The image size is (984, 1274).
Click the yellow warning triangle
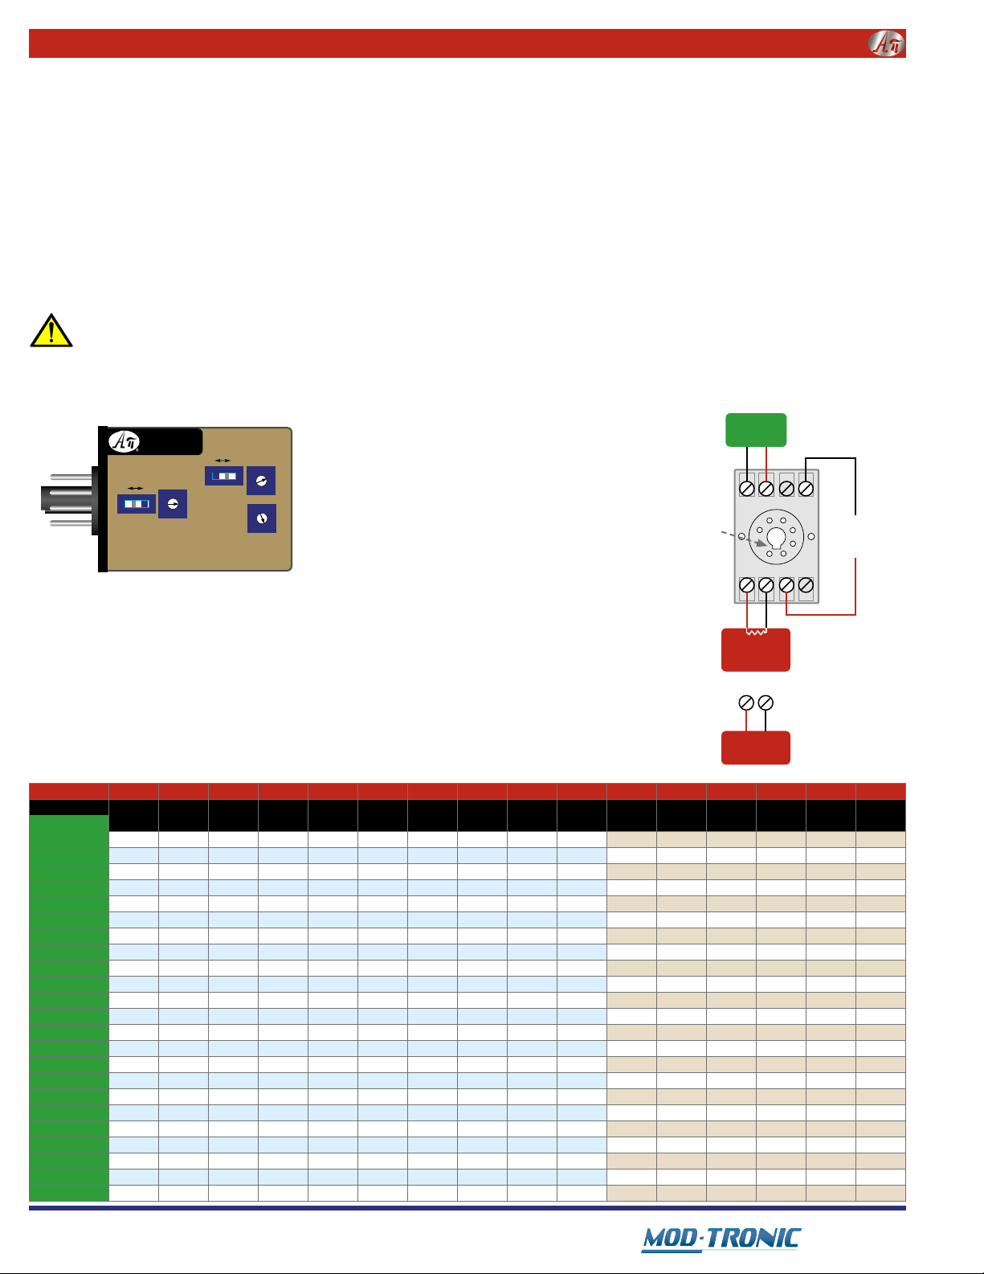(x=51, y=331)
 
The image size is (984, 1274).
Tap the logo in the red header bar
(x=886, y=43)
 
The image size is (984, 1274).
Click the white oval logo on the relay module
(x=124, y=441)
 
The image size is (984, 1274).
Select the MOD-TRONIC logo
(x=721, y=1239)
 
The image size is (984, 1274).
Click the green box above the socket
(x=756, y=430)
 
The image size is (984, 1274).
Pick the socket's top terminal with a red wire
(x=766, y=489)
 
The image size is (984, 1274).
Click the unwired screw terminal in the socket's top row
(x=786, y=489)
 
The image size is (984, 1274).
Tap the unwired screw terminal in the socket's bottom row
(x=806, y=585)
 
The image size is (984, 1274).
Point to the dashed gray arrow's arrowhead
(x=761, y=543)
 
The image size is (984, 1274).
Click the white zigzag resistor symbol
(x=756, y=632)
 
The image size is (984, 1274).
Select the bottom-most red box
(x=756, y=748)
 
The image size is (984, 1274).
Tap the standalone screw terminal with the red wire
(x=746, y=703)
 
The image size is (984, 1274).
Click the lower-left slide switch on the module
(x=137, y=504)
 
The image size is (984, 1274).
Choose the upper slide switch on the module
(x=224, y=476)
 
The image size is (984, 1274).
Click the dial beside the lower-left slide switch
(x=173, y=504)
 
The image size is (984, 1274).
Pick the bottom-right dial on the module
(x=262, y=518)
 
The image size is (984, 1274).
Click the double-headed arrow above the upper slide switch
(x=223, y=461)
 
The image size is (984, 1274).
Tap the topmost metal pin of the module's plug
(x=71, y=477)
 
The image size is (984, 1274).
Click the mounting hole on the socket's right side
(x=811, y=536)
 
